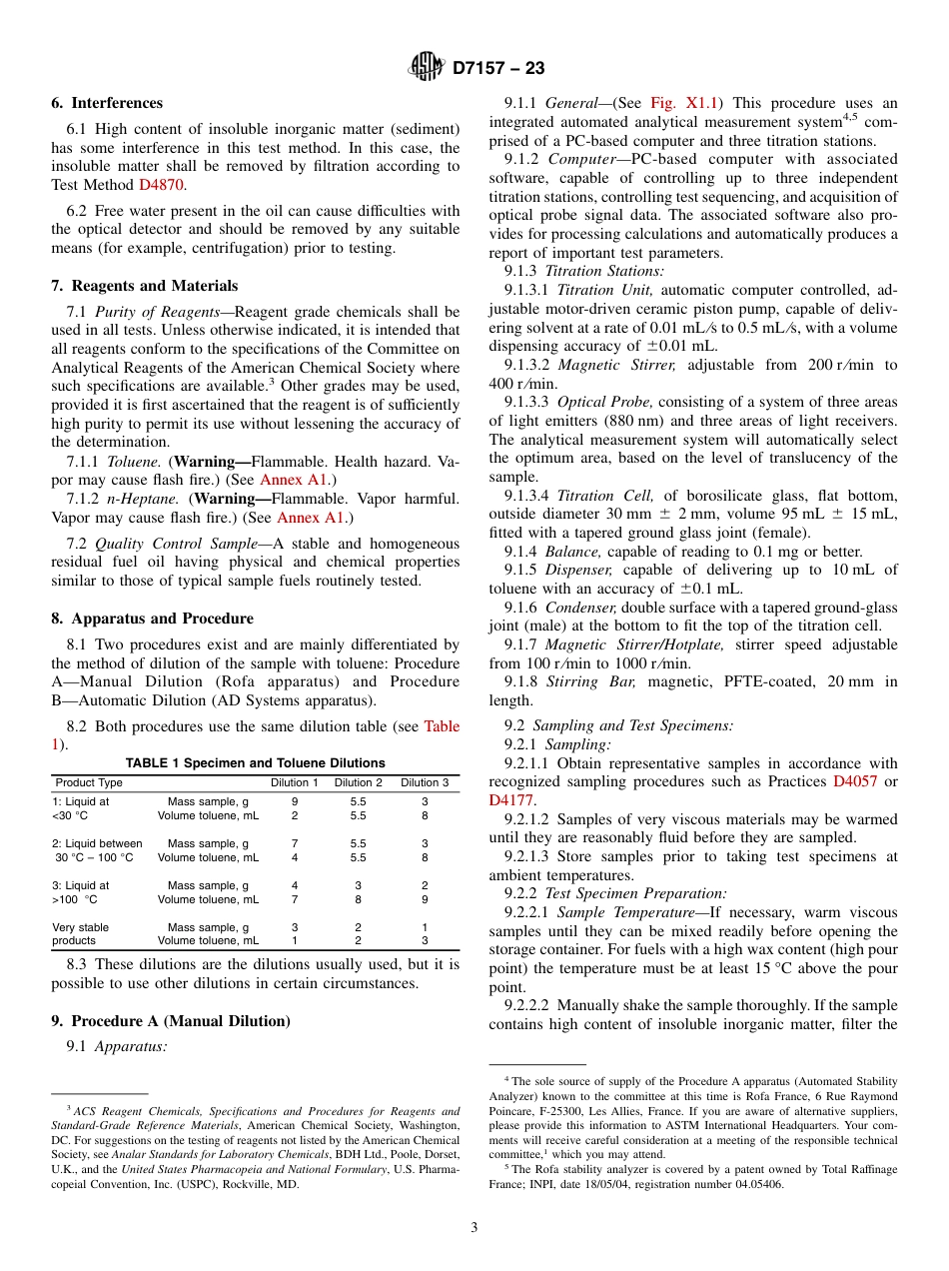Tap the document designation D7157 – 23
coord(498,69)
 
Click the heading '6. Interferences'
coord(107,103)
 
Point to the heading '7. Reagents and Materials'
coord(145,286)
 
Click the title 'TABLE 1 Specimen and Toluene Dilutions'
coord(255,763)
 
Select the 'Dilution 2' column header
coord(358,782)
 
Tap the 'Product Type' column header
coord(89,782)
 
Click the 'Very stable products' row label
coord(80,933)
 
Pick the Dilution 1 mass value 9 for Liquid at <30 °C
coord(294,801)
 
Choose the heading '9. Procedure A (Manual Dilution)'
coord(171,1021)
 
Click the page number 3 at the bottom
coord(474,1227)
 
